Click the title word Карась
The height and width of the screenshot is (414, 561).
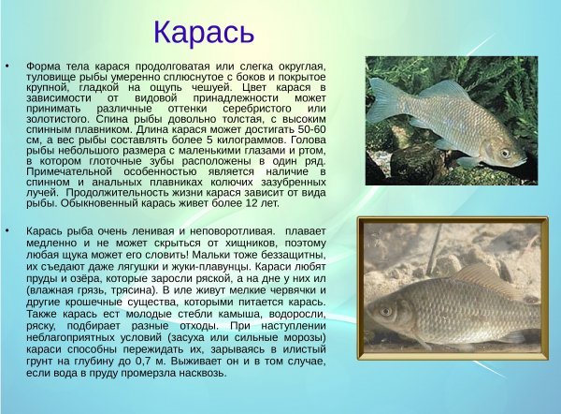(203, 31)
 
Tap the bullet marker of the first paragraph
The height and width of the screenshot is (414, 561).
(8, 67)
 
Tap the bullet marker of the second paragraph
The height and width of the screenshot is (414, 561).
(8, 229)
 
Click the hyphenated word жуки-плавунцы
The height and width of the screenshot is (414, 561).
(215, 266)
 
